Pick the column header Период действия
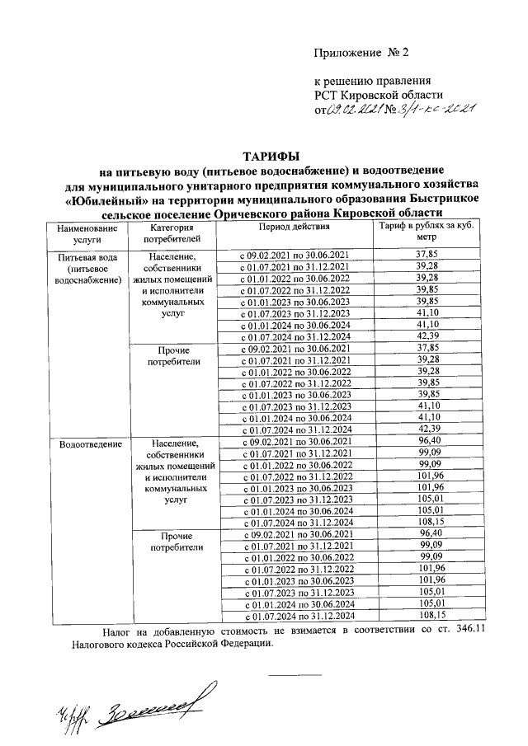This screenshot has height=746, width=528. point(295,228)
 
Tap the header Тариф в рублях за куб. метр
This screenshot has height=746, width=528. point(427,233)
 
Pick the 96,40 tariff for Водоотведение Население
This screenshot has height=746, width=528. point(427,442)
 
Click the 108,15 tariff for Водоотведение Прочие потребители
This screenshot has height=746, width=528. point(427,615)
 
